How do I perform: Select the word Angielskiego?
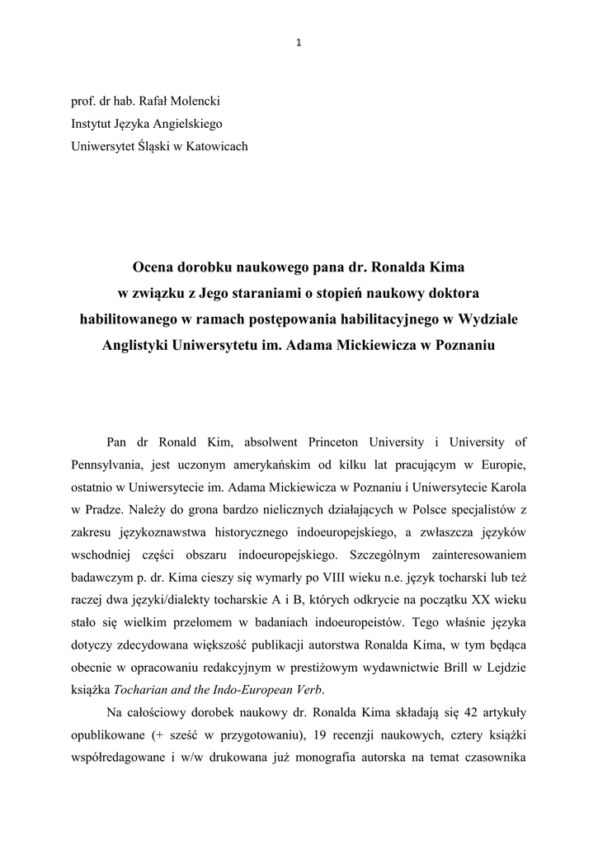point(186,124)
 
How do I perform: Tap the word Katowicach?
point(214,147)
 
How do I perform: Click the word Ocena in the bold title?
point(155,268)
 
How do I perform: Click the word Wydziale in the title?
point(489,318)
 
